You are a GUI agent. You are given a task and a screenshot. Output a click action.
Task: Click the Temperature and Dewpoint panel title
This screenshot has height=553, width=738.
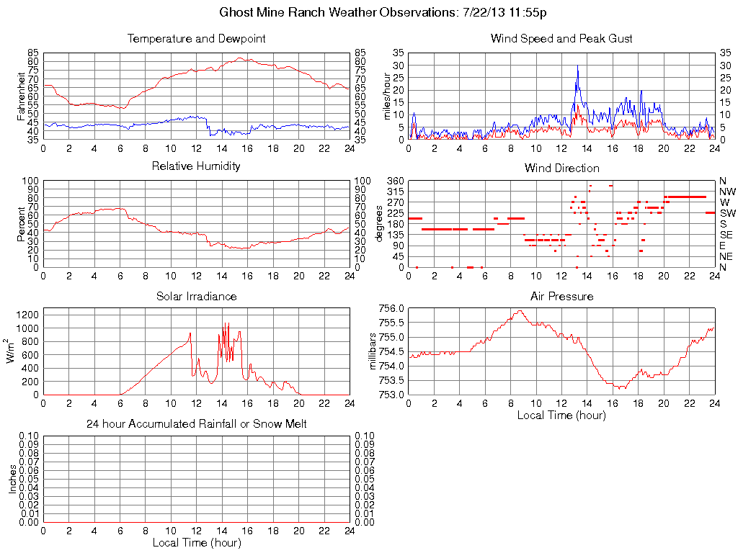(x=196, y=39)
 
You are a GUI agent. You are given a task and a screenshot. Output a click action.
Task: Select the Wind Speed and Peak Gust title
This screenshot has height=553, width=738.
(x=561, y=39)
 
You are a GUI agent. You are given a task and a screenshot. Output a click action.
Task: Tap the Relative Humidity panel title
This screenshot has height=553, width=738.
(x=196, y=166)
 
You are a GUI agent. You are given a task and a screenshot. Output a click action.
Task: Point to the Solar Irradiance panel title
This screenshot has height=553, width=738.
(x=196, y=296)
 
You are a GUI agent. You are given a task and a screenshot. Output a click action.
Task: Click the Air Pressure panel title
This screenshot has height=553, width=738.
(x=561, y=296)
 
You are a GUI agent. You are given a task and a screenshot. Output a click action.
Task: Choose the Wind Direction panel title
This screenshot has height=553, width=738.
(x=561, y=168)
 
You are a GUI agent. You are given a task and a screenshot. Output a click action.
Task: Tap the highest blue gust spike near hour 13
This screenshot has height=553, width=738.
(x=577, y=66)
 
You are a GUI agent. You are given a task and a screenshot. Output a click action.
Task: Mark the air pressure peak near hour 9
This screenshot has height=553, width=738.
(x=519, y=311)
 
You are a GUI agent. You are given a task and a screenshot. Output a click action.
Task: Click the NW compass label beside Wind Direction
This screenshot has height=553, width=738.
(x=727, y=192)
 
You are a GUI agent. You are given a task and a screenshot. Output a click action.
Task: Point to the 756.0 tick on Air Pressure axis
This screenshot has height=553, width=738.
(x=391, y=308)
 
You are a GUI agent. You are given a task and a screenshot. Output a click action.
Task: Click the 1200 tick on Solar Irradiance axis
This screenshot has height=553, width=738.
(x=29, y=315)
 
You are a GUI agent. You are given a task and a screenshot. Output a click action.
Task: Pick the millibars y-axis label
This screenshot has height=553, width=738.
(x=373, y=351)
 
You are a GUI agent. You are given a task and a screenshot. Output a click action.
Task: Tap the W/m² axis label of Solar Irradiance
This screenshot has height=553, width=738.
(x=12, y=351)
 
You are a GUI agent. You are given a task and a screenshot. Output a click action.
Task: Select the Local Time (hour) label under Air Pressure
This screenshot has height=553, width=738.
(x=561, y=415)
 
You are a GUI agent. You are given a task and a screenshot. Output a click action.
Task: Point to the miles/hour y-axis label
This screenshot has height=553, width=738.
(x=387, y=95)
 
